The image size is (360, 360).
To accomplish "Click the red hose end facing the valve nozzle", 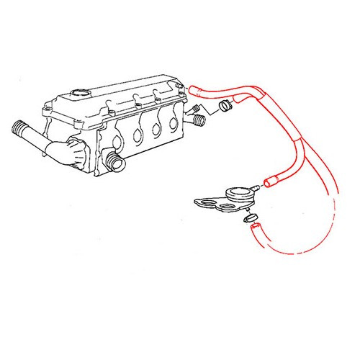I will coord(270,183).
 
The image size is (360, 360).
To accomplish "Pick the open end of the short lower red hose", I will coord(253,228).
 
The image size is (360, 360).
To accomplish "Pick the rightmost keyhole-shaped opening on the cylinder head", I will coord(174,122).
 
